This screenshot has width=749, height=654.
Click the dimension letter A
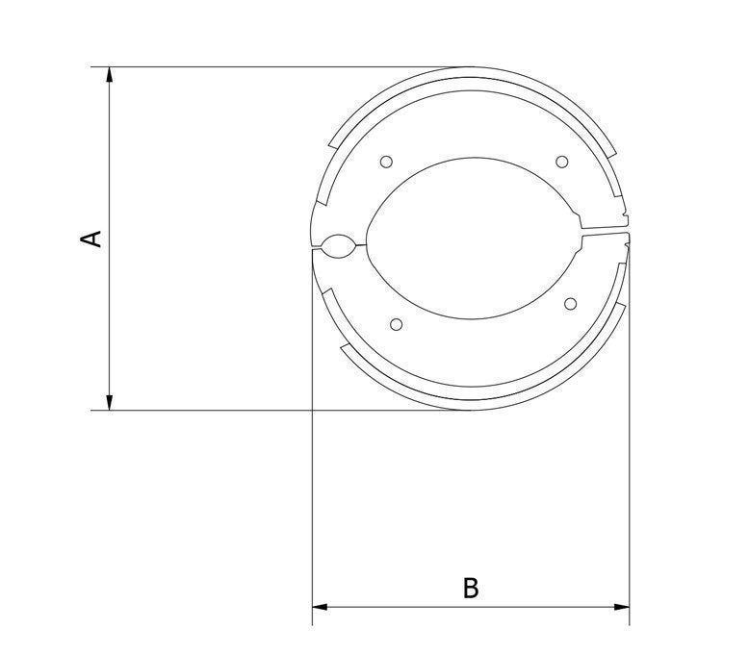90,239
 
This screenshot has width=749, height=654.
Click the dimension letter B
471,589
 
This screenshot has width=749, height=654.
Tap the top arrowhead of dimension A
110,75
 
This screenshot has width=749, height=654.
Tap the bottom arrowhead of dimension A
110,402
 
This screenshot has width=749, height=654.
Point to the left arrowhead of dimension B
320,607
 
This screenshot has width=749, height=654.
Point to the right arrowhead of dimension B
622,607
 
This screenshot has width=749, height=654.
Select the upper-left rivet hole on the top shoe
386,162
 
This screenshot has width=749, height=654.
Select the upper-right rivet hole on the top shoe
562,162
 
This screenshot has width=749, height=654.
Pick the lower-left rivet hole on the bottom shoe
396,325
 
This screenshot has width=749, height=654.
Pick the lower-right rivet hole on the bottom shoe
570,304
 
